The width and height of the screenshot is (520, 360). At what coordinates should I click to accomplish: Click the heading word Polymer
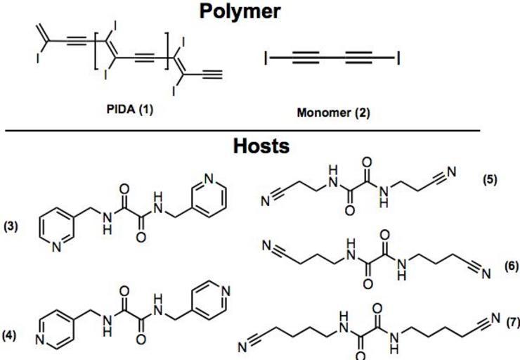tap(260, 11)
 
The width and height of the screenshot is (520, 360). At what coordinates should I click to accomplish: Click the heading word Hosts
tap(261, 146)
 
